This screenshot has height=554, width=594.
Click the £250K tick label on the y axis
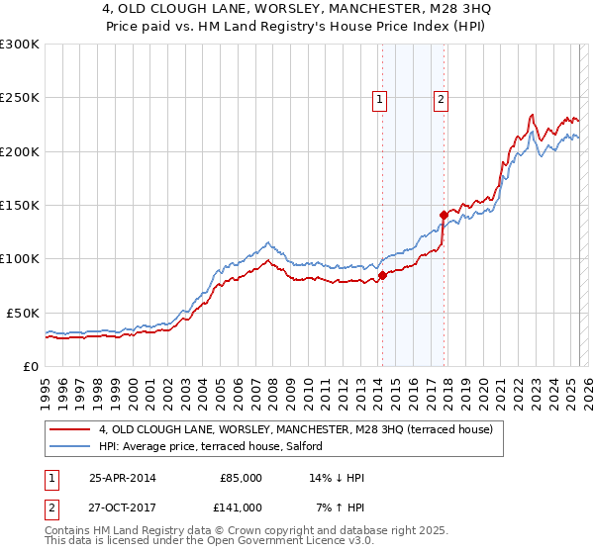pyautogui.click(x=19, y=98)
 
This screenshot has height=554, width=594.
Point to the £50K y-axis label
pyautogui.click(x=22, y=313)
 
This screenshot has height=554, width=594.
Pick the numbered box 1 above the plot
pyautogui.click(x=380, y=98)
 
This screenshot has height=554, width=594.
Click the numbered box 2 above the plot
pyautogui.click(x=440, y=98)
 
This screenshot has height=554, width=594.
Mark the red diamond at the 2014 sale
pyautogui.click(x=382, y=275)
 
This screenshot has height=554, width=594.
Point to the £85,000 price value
pyautogui.click(x=241, y=478)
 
